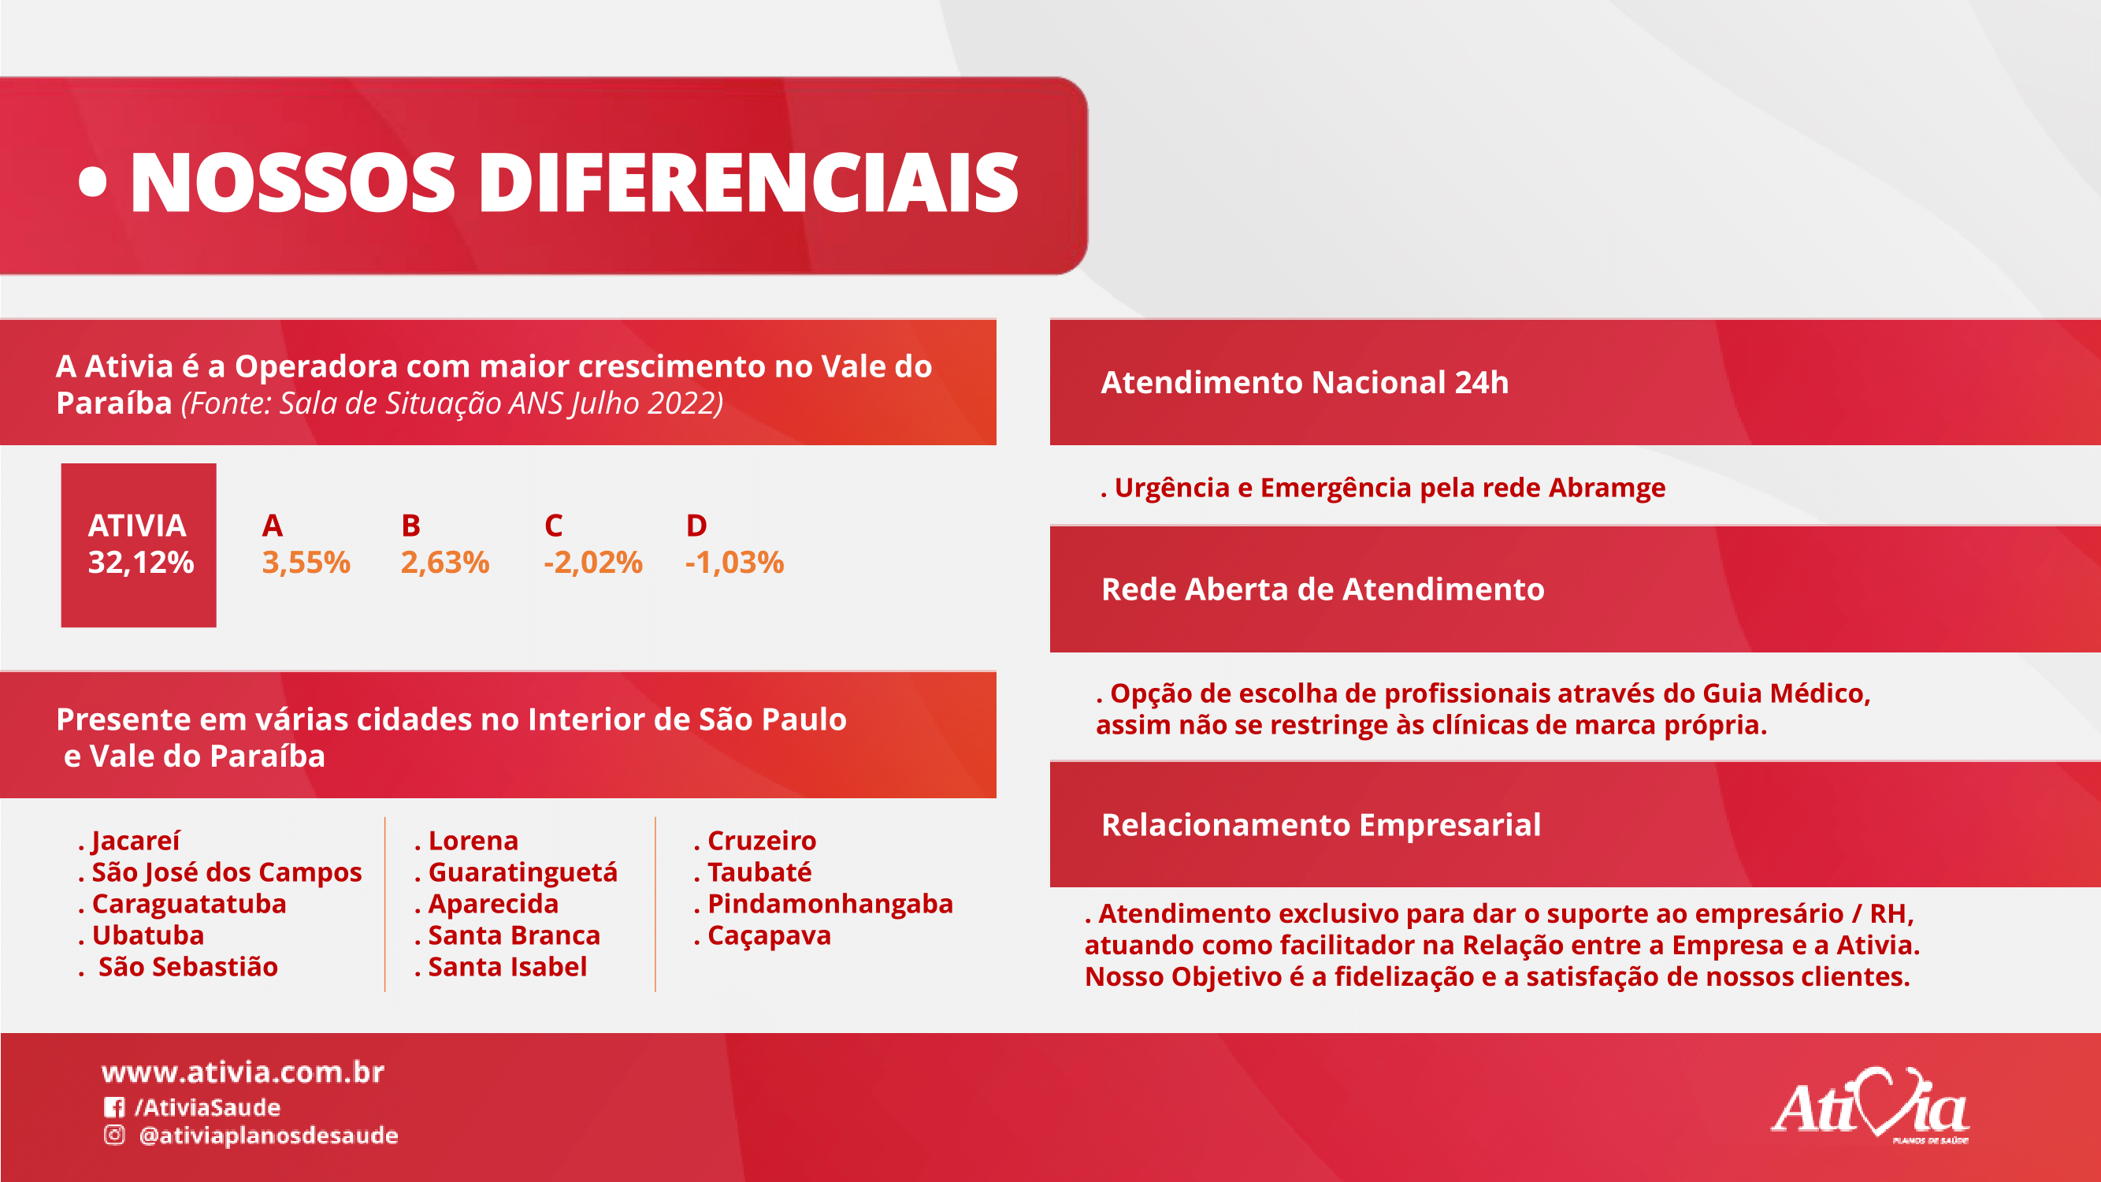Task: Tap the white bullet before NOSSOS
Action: coord(93,182)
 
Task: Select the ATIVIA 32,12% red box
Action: coord(139,545)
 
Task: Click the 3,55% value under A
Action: coord(306,562)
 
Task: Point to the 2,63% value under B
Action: coord(445,562)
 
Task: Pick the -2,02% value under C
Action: coord(593,562)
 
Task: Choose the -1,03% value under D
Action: coord(735,562)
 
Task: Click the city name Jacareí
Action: coord(135,840)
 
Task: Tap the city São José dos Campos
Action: coord(227,872)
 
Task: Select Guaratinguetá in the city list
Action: coord(523,872)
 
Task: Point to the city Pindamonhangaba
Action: coord(830,904)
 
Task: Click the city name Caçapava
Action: coord(769,935)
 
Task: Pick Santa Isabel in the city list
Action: coord(507,967)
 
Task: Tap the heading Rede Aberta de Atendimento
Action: coord(1323,589)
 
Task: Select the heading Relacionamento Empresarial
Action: coord(1321,825)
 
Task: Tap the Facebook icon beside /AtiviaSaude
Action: coord(114,1107)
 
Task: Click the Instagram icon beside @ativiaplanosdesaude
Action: coord(114,1135)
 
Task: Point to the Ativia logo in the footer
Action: coord(1870,1105)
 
